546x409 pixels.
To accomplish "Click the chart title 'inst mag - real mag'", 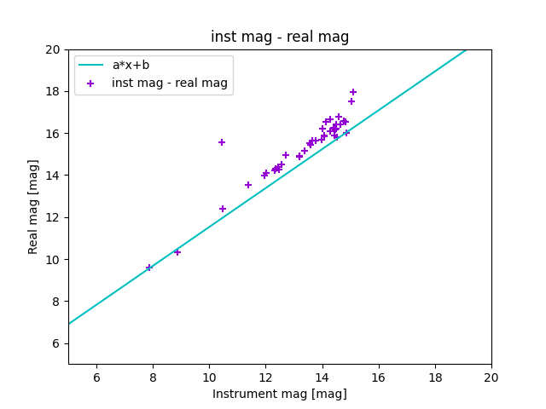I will (x=280, y=37).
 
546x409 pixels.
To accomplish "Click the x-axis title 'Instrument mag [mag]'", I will (x=280, y=394).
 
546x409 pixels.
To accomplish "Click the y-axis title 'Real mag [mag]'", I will (x=33, y=206).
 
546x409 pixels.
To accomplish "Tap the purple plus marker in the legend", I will (x=90, y=83).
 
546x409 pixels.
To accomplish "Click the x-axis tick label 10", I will (x=209, y=377).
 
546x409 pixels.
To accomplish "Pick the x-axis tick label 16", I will (x=378, y=377).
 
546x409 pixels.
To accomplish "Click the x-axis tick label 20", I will (x=491, y=377).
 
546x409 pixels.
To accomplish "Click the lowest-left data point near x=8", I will (x=149, y=268).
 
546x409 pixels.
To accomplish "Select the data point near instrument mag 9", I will (x=177, y=252).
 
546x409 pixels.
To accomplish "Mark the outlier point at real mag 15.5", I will (x=222, y=142).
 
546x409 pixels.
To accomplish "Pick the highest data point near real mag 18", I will (x=353, y=92).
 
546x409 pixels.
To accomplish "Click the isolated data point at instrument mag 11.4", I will (x=248, y=185).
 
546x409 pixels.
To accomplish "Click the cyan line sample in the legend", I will (x=90, y=65).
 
